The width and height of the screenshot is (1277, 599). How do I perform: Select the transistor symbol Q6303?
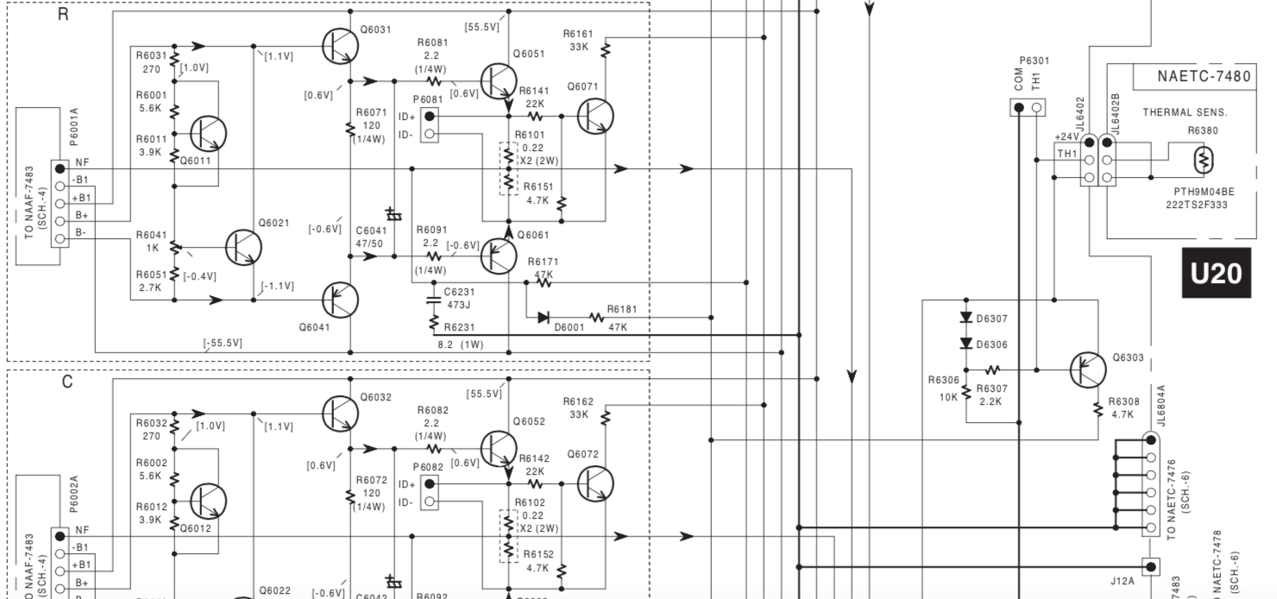1087,370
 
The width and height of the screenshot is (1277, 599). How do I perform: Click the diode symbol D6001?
543,318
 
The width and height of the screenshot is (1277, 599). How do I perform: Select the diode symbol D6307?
966,318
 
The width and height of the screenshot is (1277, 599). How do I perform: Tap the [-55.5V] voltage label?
223,344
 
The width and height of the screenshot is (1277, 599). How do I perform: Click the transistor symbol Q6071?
595,116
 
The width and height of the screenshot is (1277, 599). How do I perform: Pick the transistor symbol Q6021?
243,248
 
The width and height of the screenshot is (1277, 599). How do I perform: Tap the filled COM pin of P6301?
1019,107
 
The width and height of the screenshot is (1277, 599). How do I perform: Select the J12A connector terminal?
1150,567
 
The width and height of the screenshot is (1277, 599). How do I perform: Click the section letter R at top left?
63,15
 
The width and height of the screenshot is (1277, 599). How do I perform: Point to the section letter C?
66,381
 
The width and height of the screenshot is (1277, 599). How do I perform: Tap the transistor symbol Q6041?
340,299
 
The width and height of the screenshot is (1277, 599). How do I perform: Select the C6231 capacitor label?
458,293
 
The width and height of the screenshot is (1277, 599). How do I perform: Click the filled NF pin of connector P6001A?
60,168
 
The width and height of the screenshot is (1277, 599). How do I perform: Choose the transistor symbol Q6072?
595,483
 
